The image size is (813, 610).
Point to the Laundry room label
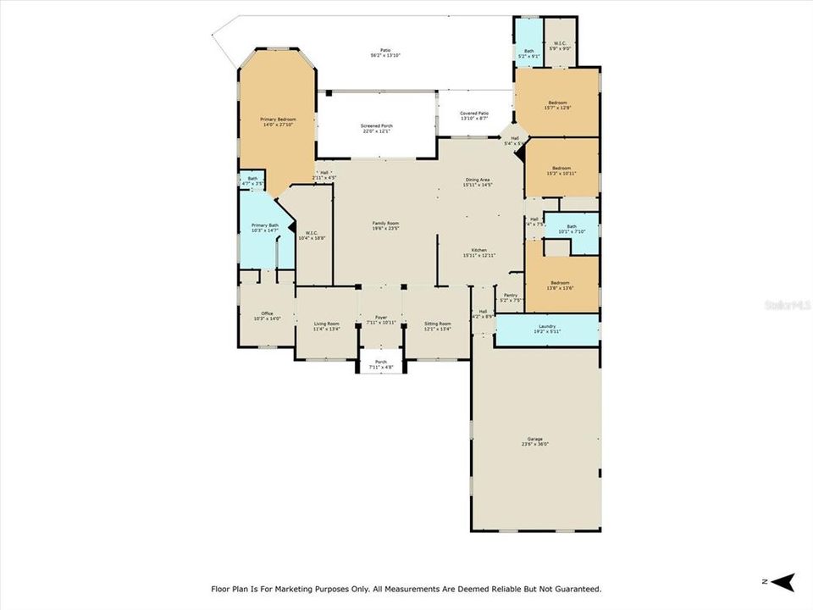click(x=547, y=328)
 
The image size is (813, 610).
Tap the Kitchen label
click(x=478, y=252)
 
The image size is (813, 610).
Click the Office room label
click(x=268, y=316)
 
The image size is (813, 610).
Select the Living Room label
click(x=327, y=325)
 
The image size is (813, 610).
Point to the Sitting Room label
click(x=438, y=325)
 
